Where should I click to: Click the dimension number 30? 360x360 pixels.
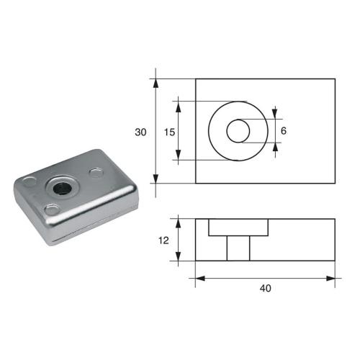click(x=140, y=132)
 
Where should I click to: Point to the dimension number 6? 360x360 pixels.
click(x=284, y=131)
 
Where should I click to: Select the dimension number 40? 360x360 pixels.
click(x=266, y=288)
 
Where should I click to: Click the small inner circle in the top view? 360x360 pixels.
click(x=238, y=131)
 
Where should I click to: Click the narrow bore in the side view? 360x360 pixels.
click(x=238, y=248)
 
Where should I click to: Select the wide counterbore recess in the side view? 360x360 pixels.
click(x=238, y=228)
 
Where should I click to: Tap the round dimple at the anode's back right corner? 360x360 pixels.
click(x=96, y=172)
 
